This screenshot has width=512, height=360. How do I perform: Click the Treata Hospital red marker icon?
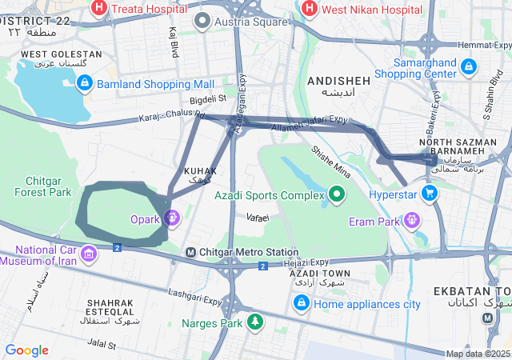click(100, 9)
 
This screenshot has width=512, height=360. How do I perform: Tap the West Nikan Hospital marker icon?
click(308, 9)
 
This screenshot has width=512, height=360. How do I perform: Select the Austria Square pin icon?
click(202, 22)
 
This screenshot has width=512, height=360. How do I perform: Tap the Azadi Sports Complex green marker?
click(337, 194)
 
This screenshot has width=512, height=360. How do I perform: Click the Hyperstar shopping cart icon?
click(430, 194)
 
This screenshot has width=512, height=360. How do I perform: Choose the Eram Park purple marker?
click(412, 218)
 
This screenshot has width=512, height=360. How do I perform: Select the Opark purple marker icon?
click(171, 218)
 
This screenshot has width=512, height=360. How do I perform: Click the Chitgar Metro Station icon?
click(191, 253)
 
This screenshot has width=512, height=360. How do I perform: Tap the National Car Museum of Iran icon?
click(88, 255)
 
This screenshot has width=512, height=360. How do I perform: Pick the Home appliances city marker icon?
click(302, 303)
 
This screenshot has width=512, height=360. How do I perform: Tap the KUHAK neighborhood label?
click(200, 171)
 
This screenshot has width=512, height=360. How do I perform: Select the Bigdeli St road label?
click(208, 99)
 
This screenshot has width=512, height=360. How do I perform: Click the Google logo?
click(26, 350)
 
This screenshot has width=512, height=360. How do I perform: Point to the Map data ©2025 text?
click(477, 354)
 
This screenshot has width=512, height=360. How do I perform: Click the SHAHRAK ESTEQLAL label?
click(112, 307)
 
